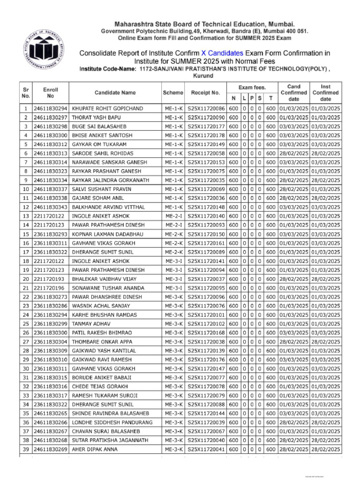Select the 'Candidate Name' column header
pyautogui.click(x=115, y=93)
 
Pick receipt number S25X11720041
pyautogui.click(x=206, y=449)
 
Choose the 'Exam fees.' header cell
pyautogui.click(x=252, y=87)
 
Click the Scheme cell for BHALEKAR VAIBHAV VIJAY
pyautogui.click(x=173, y=278)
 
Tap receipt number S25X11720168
pyautogui.click(x=206, y=332)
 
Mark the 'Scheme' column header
pyautogui.click(x=173, y=93)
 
